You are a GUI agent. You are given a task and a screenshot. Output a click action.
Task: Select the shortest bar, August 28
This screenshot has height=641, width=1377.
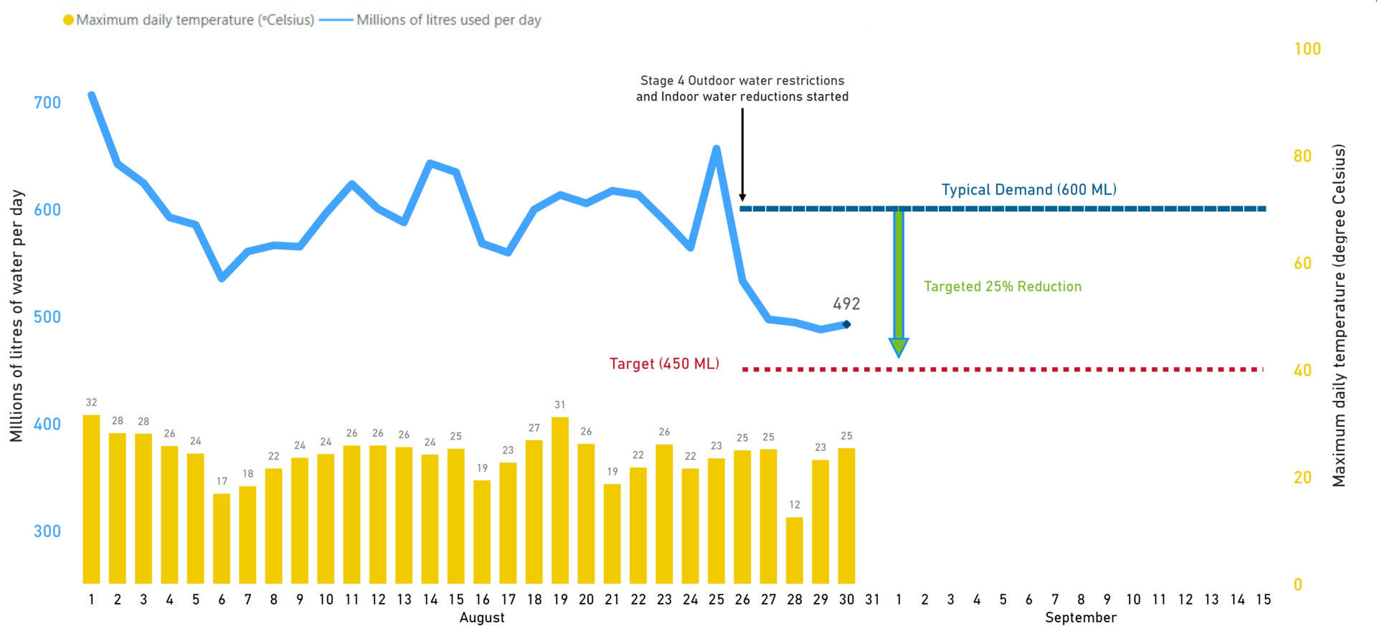(795, 550)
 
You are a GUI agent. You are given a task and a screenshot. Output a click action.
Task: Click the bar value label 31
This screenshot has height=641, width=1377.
(560, 405)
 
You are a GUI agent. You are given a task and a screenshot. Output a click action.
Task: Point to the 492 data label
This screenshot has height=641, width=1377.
(846, 304)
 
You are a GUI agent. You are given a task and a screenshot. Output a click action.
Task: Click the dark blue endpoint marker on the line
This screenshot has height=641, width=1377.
(847, 325)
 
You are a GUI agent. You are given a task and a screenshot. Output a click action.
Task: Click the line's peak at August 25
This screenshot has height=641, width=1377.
(716, 148)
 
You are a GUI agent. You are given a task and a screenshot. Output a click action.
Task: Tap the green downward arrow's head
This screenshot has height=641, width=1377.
(899, 348)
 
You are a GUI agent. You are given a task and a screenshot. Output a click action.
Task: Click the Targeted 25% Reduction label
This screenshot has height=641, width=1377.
(1003, 287)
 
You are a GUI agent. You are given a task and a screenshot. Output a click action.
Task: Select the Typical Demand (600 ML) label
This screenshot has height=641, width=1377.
(1028, 190)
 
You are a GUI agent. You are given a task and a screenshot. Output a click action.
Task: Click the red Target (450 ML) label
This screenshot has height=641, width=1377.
(664, 364)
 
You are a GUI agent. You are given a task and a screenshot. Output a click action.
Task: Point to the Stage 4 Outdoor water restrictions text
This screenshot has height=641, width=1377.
(742, 81)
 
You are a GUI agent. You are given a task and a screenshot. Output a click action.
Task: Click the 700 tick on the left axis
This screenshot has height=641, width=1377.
(47, 103)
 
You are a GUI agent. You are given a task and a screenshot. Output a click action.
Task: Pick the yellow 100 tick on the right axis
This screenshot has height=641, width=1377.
(1307, 49)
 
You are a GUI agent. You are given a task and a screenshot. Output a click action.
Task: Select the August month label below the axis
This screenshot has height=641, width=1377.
(482, 618)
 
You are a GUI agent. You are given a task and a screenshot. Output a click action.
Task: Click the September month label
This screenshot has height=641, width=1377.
(1081, 618)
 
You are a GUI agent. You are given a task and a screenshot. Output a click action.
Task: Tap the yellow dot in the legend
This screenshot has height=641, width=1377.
(68, 20)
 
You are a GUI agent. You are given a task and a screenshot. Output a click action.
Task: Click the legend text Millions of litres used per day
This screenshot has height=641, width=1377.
(449, 20)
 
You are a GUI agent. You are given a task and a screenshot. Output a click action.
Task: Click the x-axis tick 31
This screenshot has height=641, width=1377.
(872, 599)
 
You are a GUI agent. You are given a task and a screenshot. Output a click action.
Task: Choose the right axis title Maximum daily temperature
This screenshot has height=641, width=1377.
(1339, 315)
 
